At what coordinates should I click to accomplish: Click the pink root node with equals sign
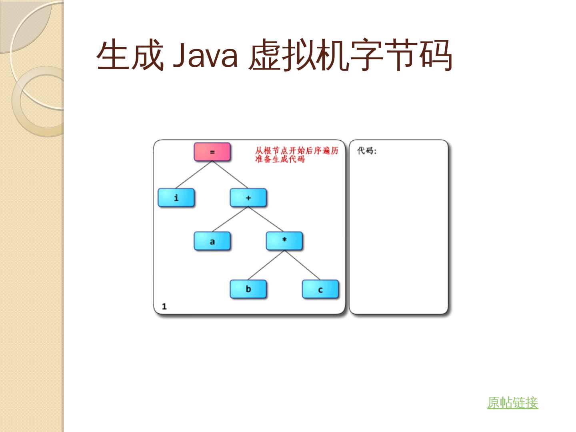click(x=212, y=152)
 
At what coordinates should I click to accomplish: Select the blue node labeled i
click(x=176, y=198)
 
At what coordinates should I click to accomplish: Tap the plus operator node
click(x=248, y=198)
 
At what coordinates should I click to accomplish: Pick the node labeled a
click(x=212, y=241)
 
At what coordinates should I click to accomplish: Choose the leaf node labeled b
click(x=248, y=289)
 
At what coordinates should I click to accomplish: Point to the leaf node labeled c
click(x=320, y=289)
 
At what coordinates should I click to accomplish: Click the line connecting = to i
click(x=194, y=175)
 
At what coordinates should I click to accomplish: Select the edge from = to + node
click(x=230, y=175)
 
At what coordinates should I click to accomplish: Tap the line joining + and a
click(x=230, y=220)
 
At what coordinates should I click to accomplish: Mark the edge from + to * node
click(x=266, y=220)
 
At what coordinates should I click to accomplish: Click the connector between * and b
click(x=266, y=265)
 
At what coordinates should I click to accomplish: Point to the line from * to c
click(x=302, y=265)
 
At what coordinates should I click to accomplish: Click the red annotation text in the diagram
click(x=296, y=155)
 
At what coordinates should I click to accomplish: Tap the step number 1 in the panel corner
click(x=164, y=306)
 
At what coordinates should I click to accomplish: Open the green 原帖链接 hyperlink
click(x=512, y=402)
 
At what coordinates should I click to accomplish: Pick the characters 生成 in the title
click(x=130, y=55)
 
